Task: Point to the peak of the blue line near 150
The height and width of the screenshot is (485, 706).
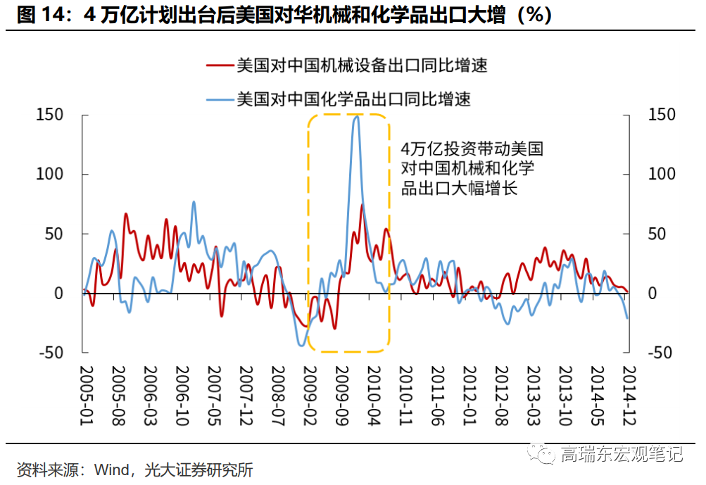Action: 356,116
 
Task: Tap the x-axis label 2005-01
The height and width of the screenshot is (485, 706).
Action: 84,393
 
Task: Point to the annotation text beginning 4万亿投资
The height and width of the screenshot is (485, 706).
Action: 471,168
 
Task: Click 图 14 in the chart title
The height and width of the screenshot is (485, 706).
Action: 42,15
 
